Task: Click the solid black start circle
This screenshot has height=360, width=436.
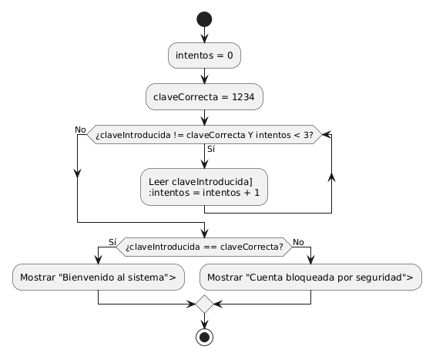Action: tap(204, 19)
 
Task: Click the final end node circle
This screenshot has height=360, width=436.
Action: tap(204, 337)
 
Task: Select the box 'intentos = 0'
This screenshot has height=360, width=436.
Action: tap(204, 56)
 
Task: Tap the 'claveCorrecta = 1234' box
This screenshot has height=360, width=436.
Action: tap(204, 97)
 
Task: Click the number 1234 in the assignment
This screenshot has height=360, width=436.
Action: tap(243, 97)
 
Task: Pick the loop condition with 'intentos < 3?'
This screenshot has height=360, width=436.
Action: tap(204, 135)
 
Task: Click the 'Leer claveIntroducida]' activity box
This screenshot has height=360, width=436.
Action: tap(204, 187)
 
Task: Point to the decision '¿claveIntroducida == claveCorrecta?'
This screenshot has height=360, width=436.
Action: tap(204, 247)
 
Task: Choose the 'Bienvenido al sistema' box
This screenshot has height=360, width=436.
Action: tap(99, 278)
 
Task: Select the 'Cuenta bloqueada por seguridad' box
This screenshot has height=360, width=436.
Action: tap(310, 278)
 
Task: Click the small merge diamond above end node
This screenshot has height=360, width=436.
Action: tap(204, 304)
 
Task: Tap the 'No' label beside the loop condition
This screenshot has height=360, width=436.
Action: tap(80, 130)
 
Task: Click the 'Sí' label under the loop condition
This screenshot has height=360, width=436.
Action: tap(211, 149)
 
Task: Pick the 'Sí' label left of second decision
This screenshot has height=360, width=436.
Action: tap(112, 242)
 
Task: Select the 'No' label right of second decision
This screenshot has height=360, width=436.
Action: tap(298, 242)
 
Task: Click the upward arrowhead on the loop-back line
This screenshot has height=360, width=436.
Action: tap(331, 177)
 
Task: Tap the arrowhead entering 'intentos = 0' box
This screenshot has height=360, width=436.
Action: tap(204, 39)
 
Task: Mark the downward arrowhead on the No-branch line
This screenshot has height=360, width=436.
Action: tap(77, 173)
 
